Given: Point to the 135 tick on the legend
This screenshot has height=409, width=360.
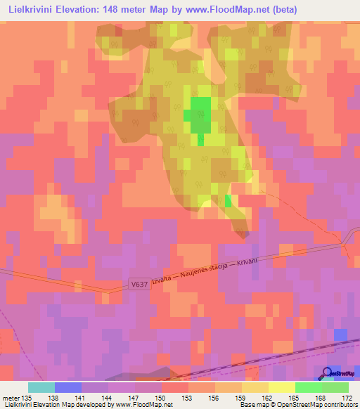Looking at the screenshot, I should point(27,398).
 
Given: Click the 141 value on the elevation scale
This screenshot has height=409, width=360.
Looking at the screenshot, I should point(82,398).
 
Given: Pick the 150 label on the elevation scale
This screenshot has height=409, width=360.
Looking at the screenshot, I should point(162,398).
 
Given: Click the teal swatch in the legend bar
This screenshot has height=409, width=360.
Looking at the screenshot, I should point(41,387).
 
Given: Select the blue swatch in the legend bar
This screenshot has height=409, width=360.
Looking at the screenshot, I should point(68,387).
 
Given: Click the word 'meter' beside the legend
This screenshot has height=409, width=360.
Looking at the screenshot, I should point(11,398).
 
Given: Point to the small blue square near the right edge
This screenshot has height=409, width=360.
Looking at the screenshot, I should point(340,335).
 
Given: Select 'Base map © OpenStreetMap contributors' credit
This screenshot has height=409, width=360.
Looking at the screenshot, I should point(298,405).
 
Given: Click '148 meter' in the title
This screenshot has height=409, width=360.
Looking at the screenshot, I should point(129,9).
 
